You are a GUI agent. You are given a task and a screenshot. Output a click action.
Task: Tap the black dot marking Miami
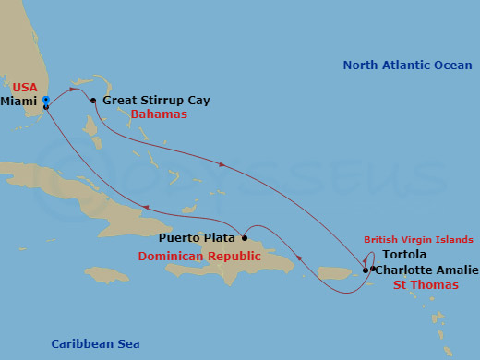[45, 107]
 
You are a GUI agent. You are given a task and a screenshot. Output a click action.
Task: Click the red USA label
[25, 87]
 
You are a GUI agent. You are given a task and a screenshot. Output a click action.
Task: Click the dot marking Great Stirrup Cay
[93, 100]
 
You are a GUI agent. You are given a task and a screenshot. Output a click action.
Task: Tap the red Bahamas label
[159, 114]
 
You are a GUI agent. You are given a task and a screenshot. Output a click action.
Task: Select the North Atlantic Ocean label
[406, 66]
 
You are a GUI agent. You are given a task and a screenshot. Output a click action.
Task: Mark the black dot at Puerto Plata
[244, 237]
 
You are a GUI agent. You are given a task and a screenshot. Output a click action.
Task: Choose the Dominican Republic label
[199, 256]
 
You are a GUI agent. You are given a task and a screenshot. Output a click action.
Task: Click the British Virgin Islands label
[420, 240]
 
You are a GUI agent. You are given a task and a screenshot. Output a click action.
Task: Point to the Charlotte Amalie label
[426, 270]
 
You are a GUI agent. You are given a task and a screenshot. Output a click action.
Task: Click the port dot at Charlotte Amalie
[366, 270]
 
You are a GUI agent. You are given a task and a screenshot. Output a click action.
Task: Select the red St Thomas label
[426, 285]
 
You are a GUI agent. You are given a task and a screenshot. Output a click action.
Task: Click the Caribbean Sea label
[95, 344]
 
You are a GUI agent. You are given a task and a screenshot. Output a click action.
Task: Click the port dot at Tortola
[373, 269]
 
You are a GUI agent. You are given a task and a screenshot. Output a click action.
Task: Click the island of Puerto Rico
[337, 273]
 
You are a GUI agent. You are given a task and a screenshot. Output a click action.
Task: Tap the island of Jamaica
[105, 274]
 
